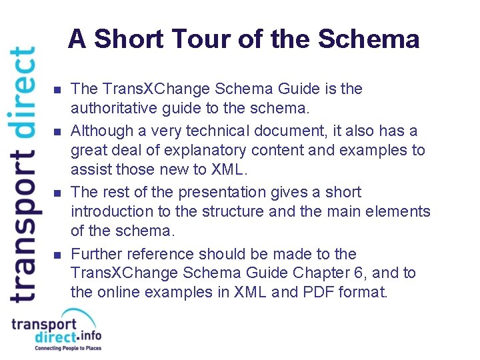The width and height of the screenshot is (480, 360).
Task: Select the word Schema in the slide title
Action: (369, 39)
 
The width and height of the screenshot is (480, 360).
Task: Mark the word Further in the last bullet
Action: (95, 254)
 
